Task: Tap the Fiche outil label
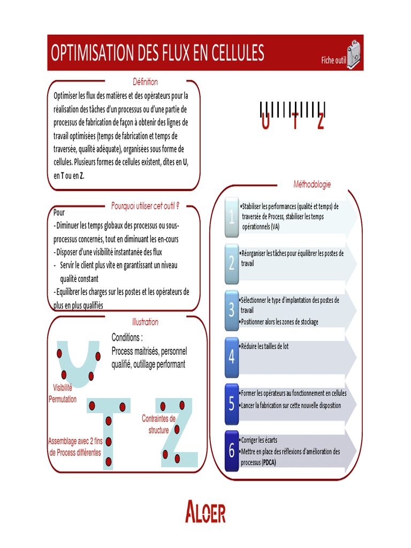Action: coord(333,60)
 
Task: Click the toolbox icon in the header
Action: coord(354,54)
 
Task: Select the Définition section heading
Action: coord(145,82)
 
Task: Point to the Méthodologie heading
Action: coord(312,185)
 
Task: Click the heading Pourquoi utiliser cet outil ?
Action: coord(145,205)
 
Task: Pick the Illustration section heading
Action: coord(145,322)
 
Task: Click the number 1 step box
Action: coord(232,217)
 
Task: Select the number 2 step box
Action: coord(232,263)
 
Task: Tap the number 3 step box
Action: coord(232,310)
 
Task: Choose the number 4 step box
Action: coord(232,356)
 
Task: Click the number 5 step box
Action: coord(232,403)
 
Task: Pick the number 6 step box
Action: coord(232,451)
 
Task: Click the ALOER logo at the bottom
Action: coord(205,512)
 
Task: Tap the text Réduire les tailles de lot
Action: coord(265,347)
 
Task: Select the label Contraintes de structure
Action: coord(158,424)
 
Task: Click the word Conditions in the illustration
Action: coord(127,338)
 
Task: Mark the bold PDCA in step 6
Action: coord(269,463)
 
